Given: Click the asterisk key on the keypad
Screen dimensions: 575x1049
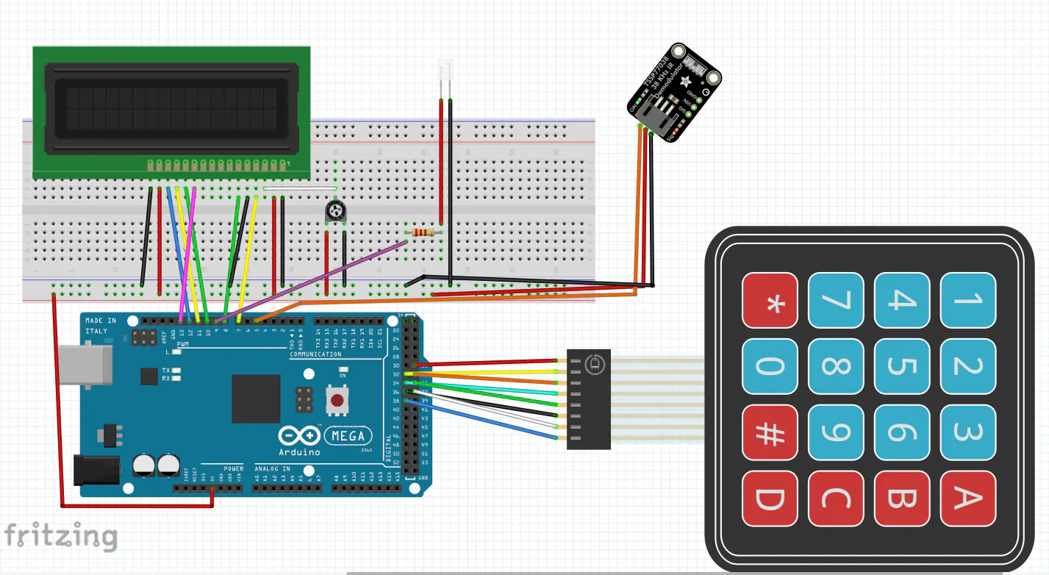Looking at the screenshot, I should pos(770,300).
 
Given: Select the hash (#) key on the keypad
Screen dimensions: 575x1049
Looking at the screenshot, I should pos(770,432).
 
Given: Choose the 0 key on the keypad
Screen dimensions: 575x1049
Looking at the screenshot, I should pos(770,366).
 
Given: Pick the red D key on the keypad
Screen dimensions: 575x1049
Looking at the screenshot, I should pos(770,499).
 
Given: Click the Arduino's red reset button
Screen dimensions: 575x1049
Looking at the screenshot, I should pos(337,401).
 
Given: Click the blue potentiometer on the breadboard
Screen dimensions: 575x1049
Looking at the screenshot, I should pos(335,213).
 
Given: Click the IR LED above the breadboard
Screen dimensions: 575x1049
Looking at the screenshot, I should pos(445,71).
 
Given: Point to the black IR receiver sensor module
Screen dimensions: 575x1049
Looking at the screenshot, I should pos(674,93).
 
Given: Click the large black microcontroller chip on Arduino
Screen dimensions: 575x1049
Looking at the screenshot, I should pos(256,398).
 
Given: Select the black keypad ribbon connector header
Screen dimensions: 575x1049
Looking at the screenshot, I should pos(588,399).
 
